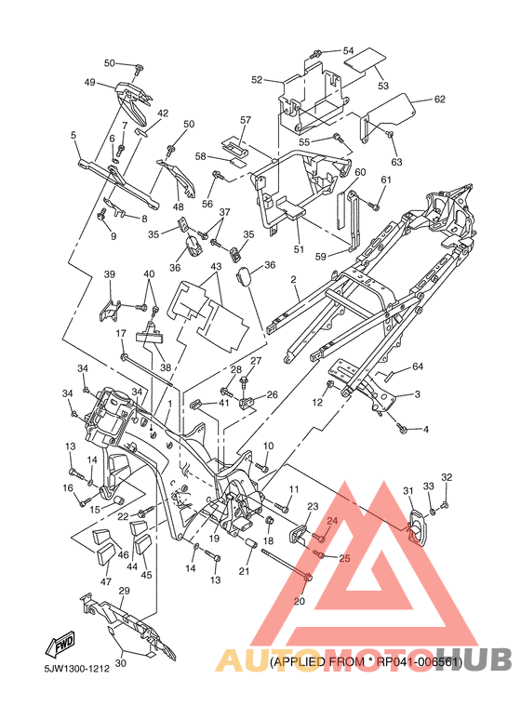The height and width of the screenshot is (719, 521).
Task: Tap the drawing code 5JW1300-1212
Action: (x=77, y=668)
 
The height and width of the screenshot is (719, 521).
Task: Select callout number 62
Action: (x=439, y=99)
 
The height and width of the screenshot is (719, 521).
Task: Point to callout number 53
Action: (x=383, y=86)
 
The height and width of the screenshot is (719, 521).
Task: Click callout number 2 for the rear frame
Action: (x=293, y=279)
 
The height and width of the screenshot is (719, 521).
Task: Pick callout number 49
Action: (x=90, y=82)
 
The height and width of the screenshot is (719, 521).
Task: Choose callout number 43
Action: (x=216, y=266)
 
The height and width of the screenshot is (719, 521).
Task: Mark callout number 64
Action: (x=418, y=366)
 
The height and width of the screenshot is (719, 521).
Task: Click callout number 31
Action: (x=408, y=491)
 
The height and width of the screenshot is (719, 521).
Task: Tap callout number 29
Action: (x=124, y=591)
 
